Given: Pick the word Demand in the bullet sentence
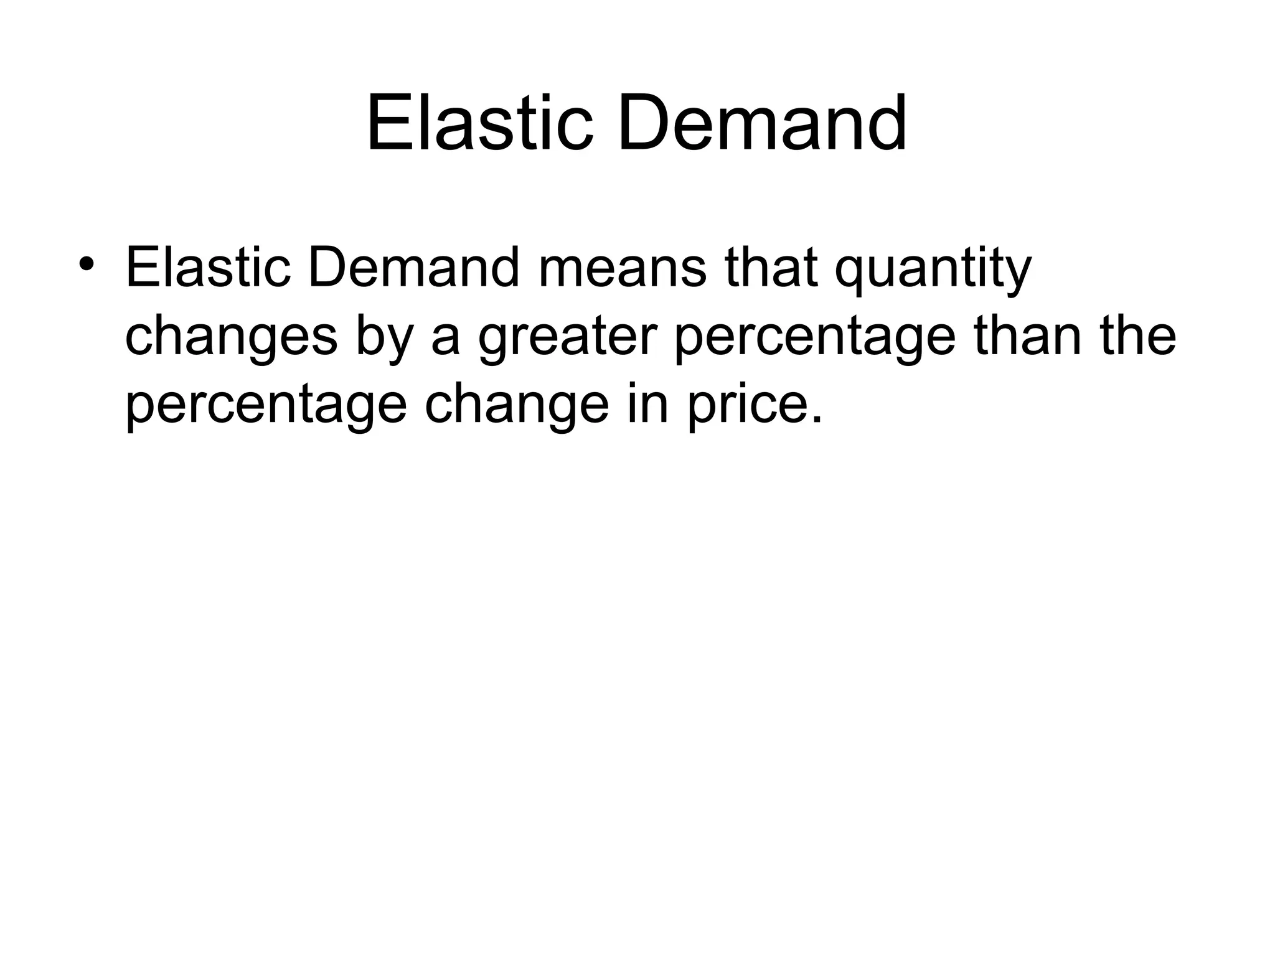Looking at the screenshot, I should coord(413,268).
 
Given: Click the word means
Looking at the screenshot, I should coord(622,268).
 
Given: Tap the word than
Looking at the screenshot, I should coord(1028,336).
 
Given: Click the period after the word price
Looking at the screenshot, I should coord(817,420).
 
